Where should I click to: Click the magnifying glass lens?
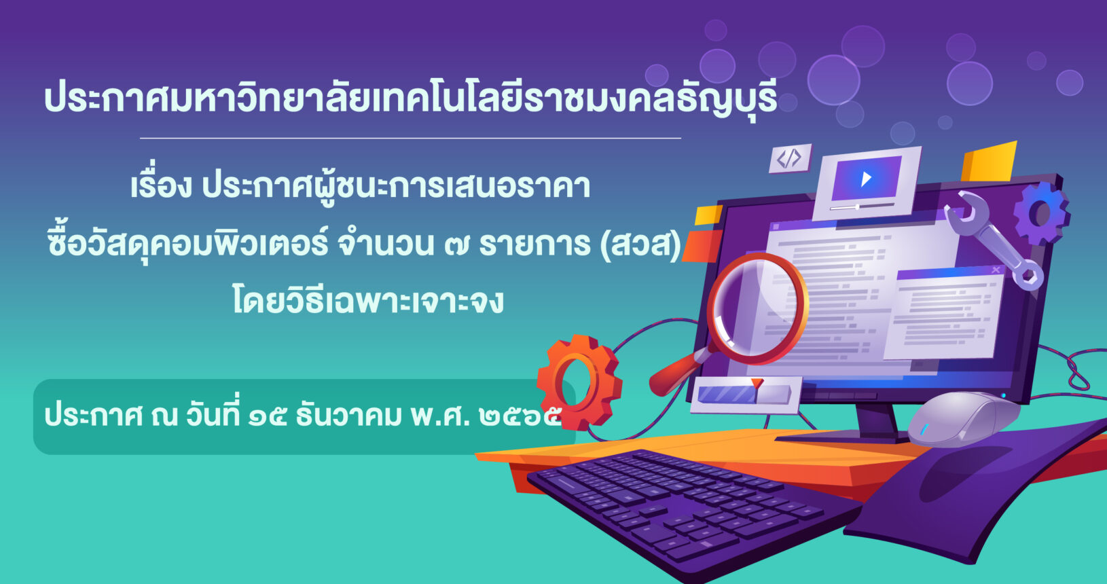pos(758,309)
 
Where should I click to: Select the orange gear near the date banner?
pos(579,382)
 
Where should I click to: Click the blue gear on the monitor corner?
pos(1042,213)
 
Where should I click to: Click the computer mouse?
pos(964,420)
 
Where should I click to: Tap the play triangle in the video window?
pos(866,179)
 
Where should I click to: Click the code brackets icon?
pos(790,158)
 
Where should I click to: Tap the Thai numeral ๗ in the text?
pos(456,245)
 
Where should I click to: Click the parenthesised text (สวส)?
pos(641,245)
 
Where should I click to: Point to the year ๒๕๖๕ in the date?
pos(520,416)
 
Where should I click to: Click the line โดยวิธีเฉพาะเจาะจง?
pos(368,299)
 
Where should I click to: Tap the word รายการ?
pos(534,245)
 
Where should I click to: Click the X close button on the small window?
pos(996,270)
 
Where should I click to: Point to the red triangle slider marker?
pos(757,383)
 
